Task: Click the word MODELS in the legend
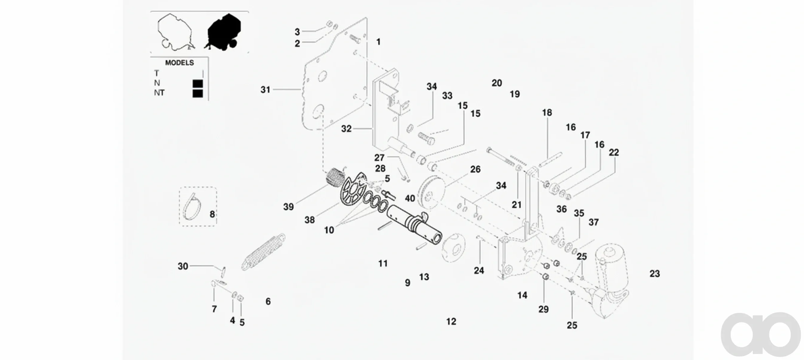coord(180,63)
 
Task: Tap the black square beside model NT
coord(198,93)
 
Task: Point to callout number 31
coord(265,90)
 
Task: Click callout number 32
coord(346,129)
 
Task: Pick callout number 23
coord(654,274)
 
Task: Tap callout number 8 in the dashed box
coord(212,214)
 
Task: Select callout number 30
coord(183,266)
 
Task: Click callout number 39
coord(288,207)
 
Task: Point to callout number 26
coord(475,169)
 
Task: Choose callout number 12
coord(451,322)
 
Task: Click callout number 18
coord(547,113)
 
